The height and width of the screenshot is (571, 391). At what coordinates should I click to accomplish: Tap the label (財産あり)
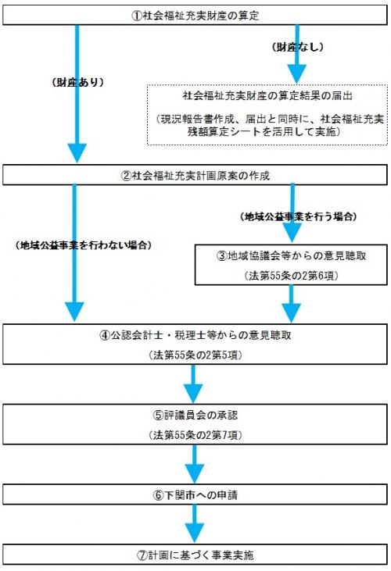79,80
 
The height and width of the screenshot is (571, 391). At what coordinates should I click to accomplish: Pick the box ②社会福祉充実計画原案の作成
195,174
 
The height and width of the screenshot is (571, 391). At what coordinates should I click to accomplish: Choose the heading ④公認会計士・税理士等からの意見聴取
195,337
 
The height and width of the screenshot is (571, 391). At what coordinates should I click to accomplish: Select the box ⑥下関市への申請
195,496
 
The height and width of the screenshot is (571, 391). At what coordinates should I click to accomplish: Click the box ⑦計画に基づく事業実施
195,555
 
